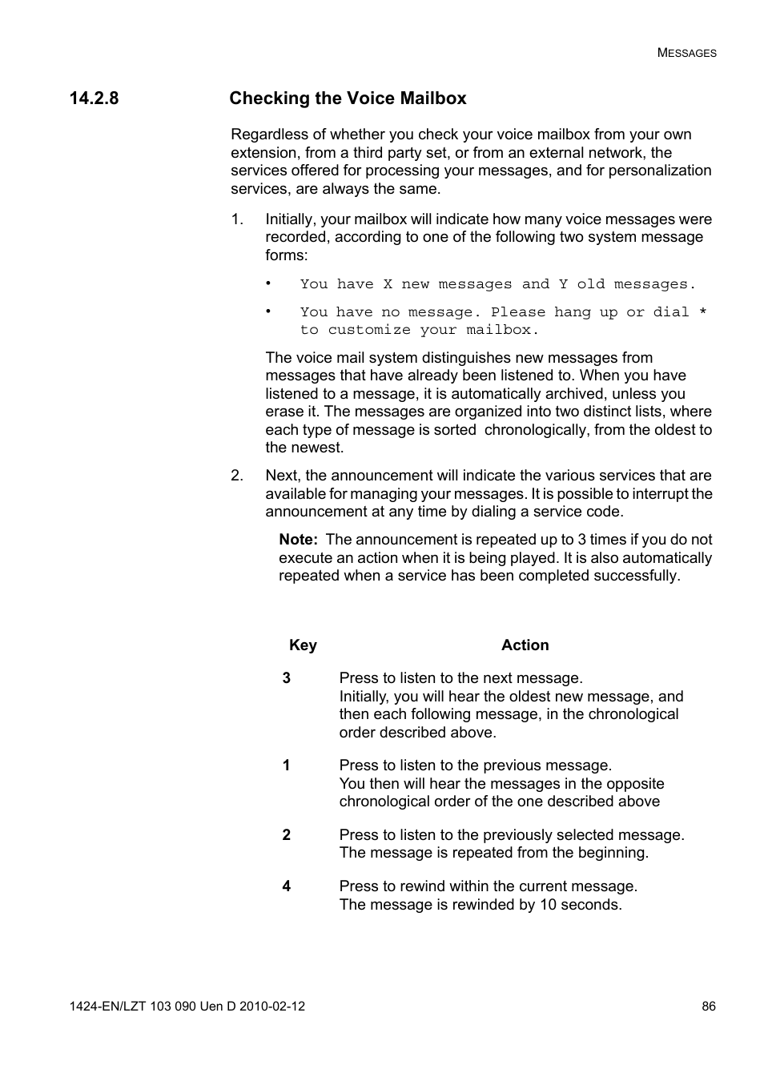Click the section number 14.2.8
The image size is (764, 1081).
pyautogui.click(x=94, y=98)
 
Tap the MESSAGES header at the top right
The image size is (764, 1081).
pyautogui.click(x=686, y=53)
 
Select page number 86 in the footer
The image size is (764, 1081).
pyautogui.click(x=709, y=1007)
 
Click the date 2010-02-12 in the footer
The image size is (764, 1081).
pyautogui.click(x=272, y=1007)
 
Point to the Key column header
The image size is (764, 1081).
pyautogui.click(x=303, y=645)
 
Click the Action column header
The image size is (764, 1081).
pyautogui.click(x=525, y=645)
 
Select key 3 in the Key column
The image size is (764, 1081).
pyautogui.click(x=286, y=678)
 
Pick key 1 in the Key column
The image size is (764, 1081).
pyautogui.click(x=286, y=766)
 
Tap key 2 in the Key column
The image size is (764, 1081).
pyautogui.click(x=286, y=835)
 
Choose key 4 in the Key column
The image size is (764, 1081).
pyautogui.click(x=286, y=886)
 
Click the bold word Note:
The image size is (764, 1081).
pyautogui.click(x=298, y=540)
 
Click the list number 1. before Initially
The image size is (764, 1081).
pyautogui.click(x=237, y=219)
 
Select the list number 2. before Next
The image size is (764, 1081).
pyautogui.click(x=237, y=476)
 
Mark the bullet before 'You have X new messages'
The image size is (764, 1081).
pyautogui.click(x=270, y=283)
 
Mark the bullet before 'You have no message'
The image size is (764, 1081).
pyautogui.click(x=270, y=311)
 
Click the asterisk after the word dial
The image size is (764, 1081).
pyautogui.click(x=703, y=312)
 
